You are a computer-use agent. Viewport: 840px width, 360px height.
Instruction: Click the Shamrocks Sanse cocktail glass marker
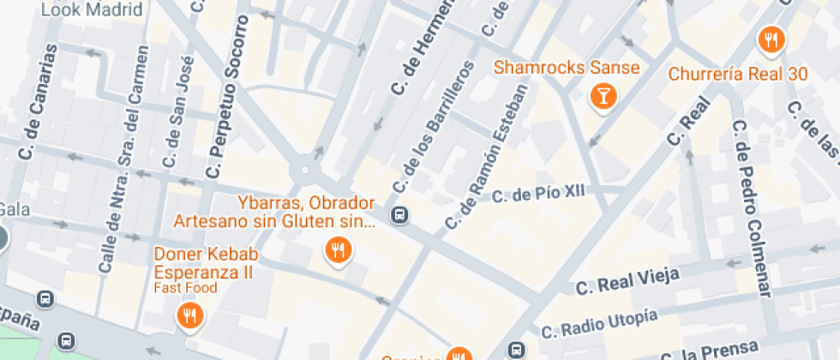[x=603, y=95]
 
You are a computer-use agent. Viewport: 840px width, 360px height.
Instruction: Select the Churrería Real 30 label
[x=738, y=74]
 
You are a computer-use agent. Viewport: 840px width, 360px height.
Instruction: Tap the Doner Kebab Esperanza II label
[x=202, y=262]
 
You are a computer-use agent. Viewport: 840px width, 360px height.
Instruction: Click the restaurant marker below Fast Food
[x=189, y=316]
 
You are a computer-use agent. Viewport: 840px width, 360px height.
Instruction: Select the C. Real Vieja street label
[x=628, y=280]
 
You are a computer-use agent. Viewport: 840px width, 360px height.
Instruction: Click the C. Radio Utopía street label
[x=599, y=322]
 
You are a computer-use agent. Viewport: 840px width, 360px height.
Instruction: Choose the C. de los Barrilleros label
[x=431, y=128]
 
